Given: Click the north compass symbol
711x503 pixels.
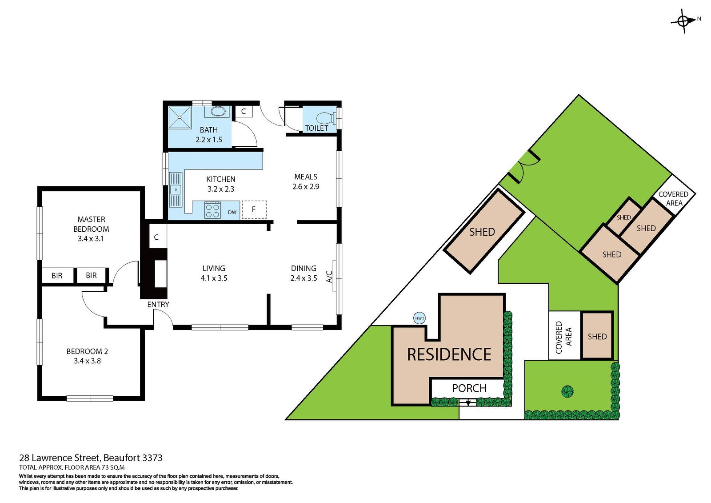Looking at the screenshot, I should click(684, 20).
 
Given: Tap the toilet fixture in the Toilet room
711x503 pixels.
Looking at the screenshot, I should click(325, 118).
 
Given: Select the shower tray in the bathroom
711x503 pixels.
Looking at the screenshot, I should click(180, 117).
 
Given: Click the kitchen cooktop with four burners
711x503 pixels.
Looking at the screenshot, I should click(212, 210).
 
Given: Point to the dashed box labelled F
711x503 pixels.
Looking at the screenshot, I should click(254, 209).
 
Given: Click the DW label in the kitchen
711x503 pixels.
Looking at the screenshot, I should click(232, 213).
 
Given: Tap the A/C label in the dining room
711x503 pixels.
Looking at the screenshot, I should click(329, 277).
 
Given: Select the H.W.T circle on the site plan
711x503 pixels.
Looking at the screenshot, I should click(419, 318).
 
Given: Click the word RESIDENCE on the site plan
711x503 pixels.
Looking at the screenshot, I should click(449, 354).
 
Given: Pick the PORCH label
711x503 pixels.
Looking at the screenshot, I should click(469, 388).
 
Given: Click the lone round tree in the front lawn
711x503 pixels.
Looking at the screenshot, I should click(567, 391).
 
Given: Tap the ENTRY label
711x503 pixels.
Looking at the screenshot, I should click(158, 305).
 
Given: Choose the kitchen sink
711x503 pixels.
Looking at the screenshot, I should click(176, 190).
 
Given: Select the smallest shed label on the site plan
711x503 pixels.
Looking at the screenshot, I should click(623, 217).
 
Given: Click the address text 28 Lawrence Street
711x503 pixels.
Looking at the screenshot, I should click(60, 458).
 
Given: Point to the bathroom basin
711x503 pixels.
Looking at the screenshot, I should click(218, 111).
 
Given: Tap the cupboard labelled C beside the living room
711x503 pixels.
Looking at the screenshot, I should click(156, 237).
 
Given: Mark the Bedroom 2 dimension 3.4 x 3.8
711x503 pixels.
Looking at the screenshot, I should click(87, 361).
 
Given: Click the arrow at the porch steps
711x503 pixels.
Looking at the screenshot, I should click(468, 403).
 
